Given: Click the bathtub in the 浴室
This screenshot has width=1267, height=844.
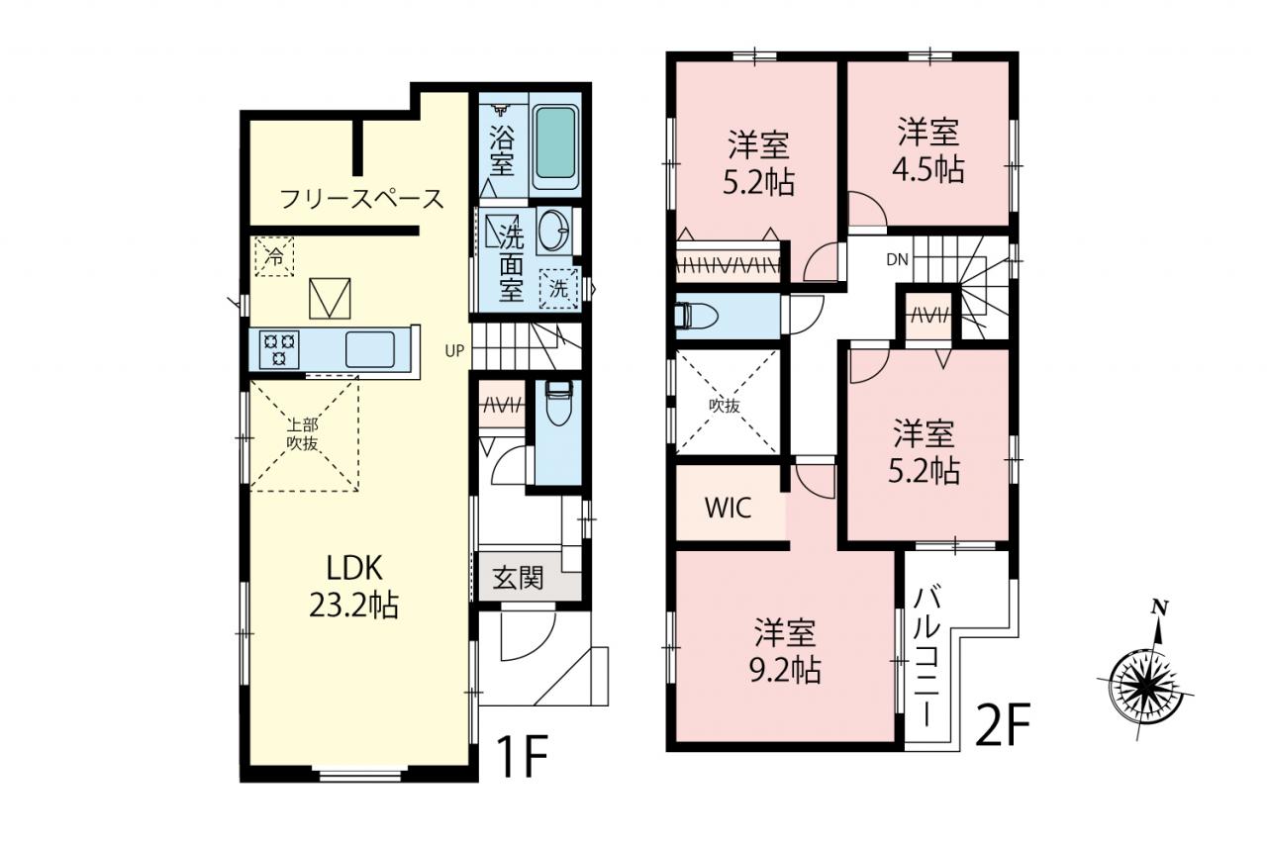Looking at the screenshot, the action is [556, 143].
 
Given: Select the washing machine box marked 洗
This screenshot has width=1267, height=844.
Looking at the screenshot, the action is [558, 288].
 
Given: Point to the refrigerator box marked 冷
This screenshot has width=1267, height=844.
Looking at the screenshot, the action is [275, 256].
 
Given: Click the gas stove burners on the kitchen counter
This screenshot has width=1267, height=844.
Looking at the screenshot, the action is [279, 349].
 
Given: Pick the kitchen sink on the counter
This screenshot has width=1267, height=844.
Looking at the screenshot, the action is [370, 349].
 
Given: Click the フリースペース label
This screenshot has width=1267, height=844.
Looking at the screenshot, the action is [362, 199].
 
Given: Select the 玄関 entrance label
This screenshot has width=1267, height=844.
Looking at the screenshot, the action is [518, 578].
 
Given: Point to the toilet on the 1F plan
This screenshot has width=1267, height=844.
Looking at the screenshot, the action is [558, 403].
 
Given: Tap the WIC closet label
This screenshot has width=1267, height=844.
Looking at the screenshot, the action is [728, 507].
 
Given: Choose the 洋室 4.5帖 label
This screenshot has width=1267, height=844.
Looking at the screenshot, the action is [928, 149].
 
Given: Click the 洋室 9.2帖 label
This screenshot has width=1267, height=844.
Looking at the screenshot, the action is [785, 651].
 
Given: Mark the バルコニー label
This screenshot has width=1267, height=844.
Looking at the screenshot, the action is [926, 657].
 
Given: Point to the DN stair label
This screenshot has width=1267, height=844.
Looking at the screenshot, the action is [897, 259].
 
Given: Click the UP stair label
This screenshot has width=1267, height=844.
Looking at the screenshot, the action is [454, 351].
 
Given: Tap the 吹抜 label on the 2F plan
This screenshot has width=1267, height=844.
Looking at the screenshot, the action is [725, 406].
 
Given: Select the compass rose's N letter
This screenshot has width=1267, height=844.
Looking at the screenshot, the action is [1159, 608].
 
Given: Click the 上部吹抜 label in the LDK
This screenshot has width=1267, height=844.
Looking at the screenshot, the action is [303, 434].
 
